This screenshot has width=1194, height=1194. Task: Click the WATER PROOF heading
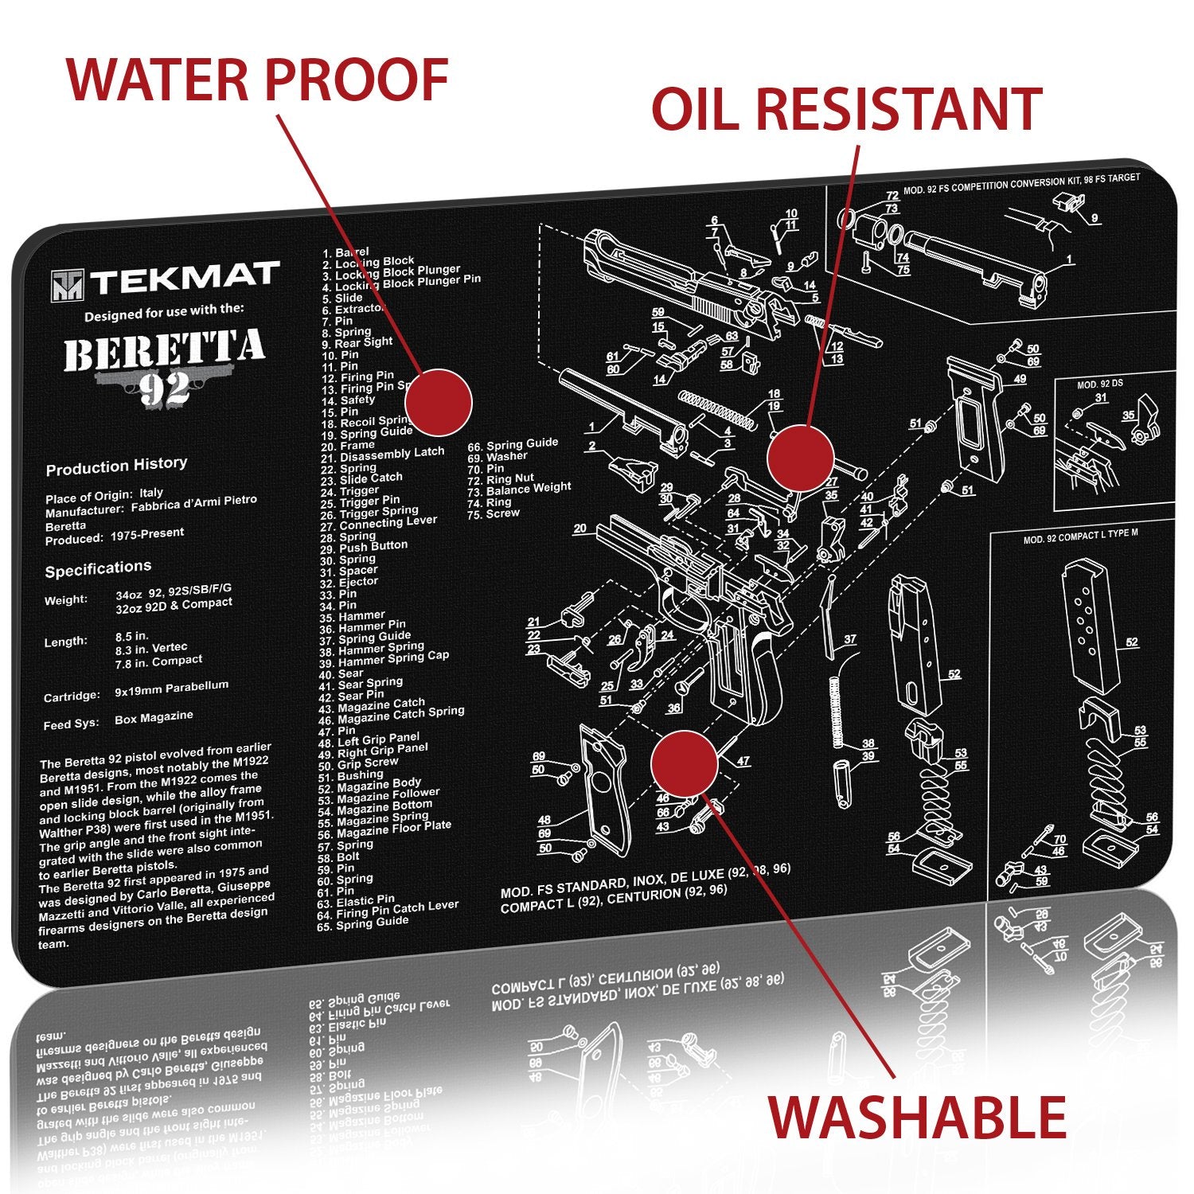pyautogui.click(x=257, y=80)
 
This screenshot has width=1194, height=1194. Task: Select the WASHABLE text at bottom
pyautogui.click(x=917, y=1117)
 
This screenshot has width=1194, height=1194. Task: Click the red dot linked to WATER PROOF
pyautogui.click(x=439, y=403)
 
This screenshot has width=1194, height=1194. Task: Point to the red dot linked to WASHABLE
pyautogui.click(x=684, y=763)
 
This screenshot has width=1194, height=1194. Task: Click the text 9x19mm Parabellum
pyautogui.click(x=171, y=689)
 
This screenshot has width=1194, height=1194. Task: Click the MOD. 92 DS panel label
pyautogui.click(x=1099, y=384)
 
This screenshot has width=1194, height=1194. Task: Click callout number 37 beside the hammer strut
pyautogui.click(x=849, y=639)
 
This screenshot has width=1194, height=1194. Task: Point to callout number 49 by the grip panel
pyautogui.click(x=1020, y=380)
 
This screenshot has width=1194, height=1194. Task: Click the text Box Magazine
pyautogui.click(x=154, y=717)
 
